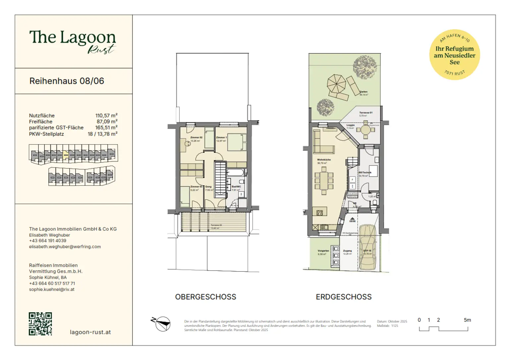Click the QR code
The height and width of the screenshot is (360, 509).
tap(40, 324)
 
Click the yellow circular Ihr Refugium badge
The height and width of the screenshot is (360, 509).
tap(454, 55)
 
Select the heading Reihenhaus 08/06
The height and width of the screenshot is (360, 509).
tap(67, 81)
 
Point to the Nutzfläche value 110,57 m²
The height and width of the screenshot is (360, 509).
tap(106, 116)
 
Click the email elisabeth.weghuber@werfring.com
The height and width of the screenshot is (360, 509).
tap(65, 247)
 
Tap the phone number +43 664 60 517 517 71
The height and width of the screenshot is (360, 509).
tap(52, 283)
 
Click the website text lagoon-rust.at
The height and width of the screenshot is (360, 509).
tap(90, 332)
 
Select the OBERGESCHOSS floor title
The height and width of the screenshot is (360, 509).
tap(205, 297)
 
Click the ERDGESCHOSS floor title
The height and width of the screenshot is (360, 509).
tap(344, 297)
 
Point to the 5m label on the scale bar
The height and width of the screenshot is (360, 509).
tap(467, 320)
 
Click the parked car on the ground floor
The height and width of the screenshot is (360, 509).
tap(367, 247)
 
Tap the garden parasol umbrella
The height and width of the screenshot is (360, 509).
tap(336, 84)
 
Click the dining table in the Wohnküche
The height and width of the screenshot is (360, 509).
tap(324, 182)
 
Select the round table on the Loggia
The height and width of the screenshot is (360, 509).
tap(366, 130)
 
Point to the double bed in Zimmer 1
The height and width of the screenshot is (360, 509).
tap(236, 142)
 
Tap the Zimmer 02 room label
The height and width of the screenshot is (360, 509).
tap(196, 137)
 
